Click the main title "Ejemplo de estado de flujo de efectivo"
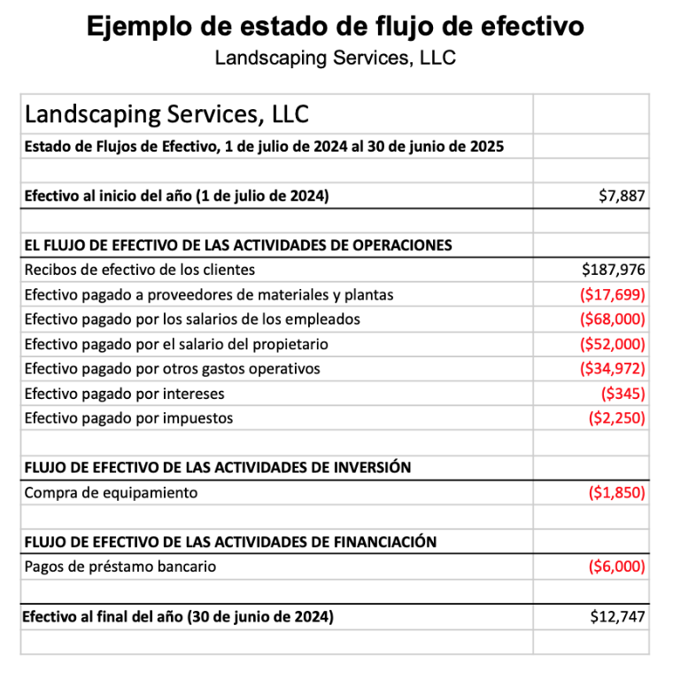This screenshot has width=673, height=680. [x=336, y=27]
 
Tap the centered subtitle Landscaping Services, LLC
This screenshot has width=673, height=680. [x=336, y=59]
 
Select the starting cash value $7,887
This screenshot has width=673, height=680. [x=623, y=196]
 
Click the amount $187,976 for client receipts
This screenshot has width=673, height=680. [x=614, y=270]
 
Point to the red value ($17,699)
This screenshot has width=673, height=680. [x=613, y=294]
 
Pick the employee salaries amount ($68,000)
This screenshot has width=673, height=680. [x=613, y=319]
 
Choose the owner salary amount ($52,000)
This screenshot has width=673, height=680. [x=613, y=344]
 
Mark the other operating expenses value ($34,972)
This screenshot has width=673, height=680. [x=613, y=368]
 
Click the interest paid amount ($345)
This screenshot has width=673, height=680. [x=623, y=393]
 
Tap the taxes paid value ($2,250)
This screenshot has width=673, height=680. [x=617, y=418]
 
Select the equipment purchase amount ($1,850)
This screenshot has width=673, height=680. [x=617, y=492]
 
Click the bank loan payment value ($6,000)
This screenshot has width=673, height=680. [x=617, y=567]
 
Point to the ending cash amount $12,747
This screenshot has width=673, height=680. [x=618, y=617]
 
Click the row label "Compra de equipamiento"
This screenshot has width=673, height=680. [x=112, y=492]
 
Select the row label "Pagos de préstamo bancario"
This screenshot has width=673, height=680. [x=120, y=567]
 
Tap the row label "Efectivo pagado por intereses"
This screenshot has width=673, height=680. [x=125, y=393]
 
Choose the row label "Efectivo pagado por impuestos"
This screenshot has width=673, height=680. [x=129, y=418]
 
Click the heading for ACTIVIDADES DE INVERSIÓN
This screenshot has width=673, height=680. [x=218, y=467]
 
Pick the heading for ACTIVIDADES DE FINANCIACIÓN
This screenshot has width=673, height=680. [x=230, y=542]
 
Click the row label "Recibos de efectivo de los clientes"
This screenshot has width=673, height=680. [x=140, y=270]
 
